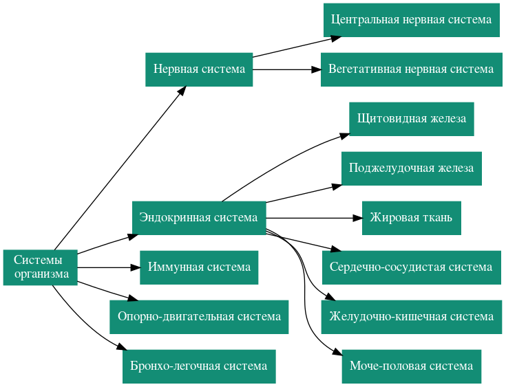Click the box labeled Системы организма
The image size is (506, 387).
[41, 267]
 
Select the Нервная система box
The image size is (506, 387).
[199, 69]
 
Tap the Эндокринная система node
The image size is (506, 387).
[198, 218]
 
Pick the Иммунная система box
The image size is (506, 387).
[199, 267]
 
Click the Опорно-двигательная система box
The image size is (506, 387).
[199, 317]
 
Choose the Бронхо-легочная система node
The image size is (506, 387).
[199, 366]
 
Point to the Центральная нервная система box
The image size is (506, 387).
[411, 20]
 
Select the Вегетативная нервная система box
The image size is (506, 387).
[411, 69]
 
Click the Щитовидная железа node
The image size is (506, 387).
[411, 119]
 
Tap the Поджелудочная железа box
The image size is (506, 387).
[411, 168]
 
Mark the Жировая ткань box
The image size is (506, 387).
[411, 218]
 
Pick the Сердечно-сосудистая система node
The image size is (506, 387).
[411, 267]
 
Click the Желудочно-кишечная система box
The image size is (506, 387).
[411, 317]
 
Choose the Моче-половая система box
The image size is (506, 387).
[411, 366]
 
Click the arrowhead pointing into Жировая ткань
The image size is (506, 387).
[357, 218]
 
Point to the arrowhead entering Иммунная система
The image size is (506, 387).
[136, 267]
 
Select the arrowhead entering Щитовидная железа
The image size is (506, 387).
[344, 134]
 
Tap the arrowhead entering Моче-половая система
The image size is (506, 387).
[337, 353]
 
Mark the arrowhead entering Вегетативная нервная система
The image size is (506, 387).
[316, 69]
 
